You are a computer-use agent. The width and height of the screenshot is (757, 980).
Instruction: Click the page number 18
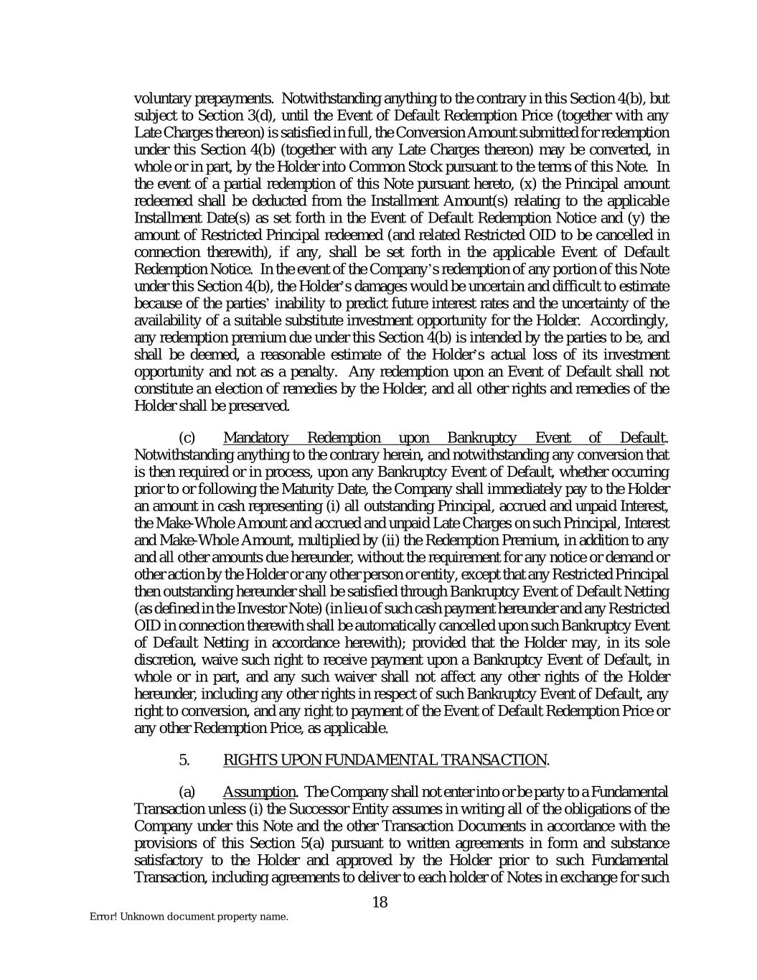[380, 902]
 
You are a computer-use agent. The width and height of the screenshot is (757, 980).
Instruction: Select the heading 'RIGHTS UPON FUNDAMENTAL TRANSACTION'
[385, 760]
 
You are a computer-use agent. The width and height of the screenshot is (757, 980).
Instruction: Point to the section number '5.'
[184, 760]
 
